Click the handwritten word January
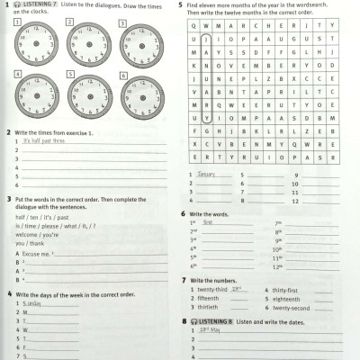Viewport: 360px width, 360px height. pos(208,174)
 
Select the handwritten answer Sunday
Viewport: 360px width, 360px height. pos(31,304)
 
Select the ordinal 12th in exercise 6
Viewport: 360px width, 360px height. pos(278,266)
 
